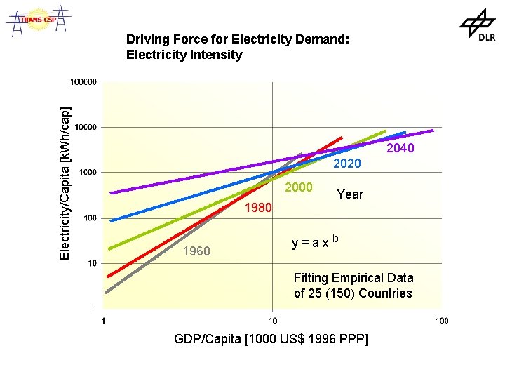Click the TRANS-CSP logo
(x=39, y=20)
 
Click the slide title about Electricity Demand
(x=237, y=47)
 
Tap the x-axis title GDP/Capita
(x=271, y=340)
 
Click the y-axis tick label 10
(x=91, y=263)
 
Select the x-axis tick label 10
(x=272, y=321)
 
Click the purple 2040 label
(x=400, y=148)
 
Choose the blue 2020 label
(x=346, y=164)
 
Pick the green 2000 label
(x=298, y=187)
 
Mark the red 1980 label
(x=258, y=208)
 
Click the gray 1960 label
(x=196, y=251)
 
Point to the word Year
(x=350, y=194)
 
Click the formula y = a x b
(x=315, y=242)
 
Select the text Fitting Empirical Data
(x=353, y=278)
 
